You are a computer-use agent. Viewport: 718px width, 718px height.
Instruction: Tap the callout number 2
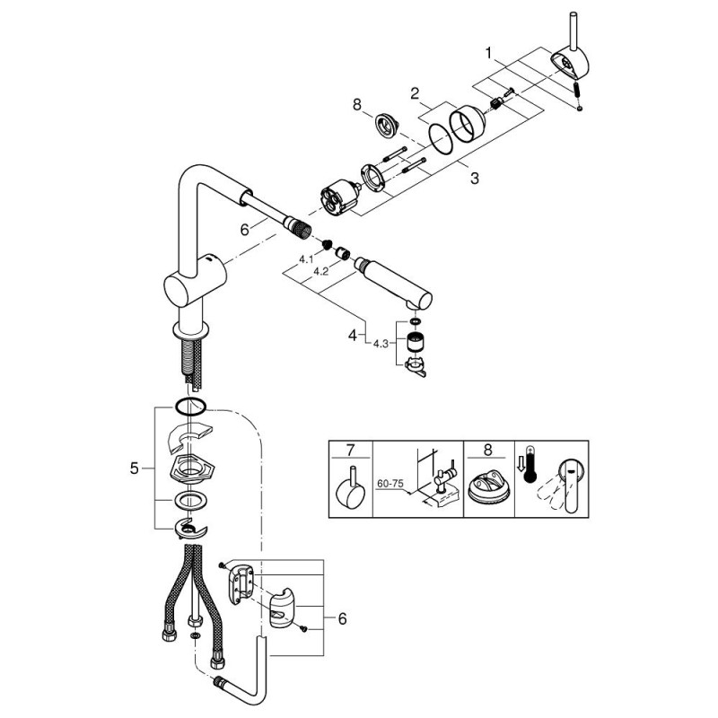coord(416,92)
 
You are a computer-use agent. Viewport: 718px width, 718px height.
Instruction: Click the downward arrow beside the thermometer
coord(522,464)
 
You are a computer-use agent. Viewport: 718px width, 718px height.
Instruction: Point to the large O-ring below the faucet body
coord(190,406)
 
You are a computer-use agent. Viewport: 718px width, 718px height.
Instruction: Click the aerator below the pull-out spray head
coord(414,342)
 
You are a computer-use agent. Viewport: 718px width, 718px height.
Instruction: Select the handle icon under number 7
coord(350,489)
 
